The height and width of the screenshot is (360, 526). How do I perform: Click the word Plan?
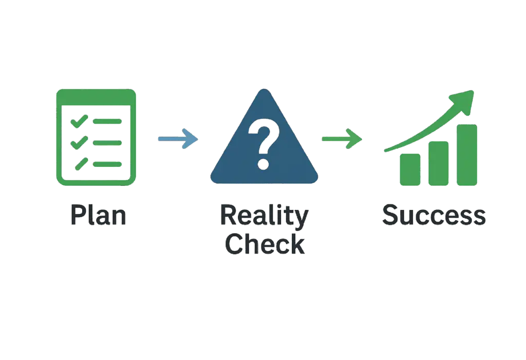(98, 215)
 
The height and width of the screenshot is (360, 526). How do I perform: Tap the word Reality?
(265, 216)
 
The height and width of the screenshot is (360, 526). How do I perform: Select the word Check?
(265, 243)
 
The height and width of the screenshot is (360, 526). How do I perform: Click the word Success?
(434, 215)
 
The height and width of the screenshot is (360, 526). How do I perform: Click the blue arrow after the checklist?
(178, 139)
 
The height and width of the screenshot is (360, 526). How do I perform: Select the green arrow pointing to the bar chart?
(342, 139)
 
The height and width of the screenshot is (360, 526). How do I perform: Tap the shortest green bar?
(410, 169)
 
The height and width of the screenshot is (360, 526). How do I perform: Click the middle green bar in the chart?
(439, 163)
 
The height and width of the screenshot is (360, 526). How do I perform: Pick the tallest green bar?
(467, 155)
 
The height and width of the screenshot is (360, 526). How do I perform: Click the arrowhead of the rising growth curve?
(463, 101)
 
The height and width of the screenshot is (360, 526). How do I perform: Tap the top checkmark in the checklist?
(79, 121)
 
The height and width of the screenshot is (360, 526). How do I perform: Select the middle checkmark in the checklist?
(79, 143)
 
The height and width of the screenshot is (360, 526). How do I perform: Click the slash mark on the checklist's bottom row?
(82, 164)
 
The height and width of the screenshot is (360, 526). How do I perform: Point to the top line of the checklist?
(107, 121)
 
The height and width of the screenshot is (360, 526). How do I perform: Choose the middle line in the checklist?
(107, 143)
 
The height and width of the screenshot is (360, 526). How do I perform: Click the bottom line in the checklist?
(107, 164)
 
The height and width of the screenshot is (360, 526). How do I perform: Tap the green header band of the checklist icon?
(96, 97)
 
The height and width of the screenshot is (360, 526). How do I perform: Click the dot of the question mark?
(264, 164)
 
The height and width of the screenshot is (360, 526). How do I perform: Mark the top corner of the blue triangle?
(264, 89)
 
